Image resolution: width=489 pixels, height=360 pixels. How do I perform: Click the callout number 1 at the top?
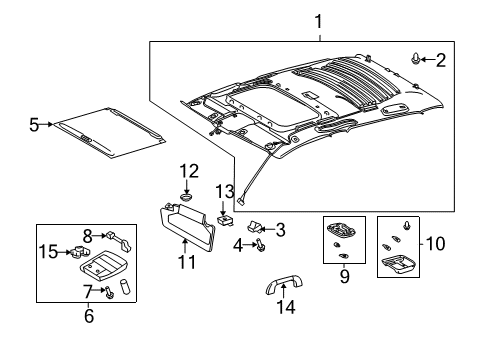[318, 20]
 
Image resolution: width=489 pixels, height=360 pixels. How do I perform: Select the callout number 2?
[441, 60]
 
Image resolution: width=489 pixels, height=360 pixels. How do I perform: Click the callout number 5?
[34, 125]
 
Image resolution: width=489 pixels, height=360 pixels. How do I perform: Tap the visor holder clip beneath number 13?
[226, 213]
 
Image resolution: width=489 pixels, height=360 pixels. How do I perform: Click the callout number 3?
[280, 230]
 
